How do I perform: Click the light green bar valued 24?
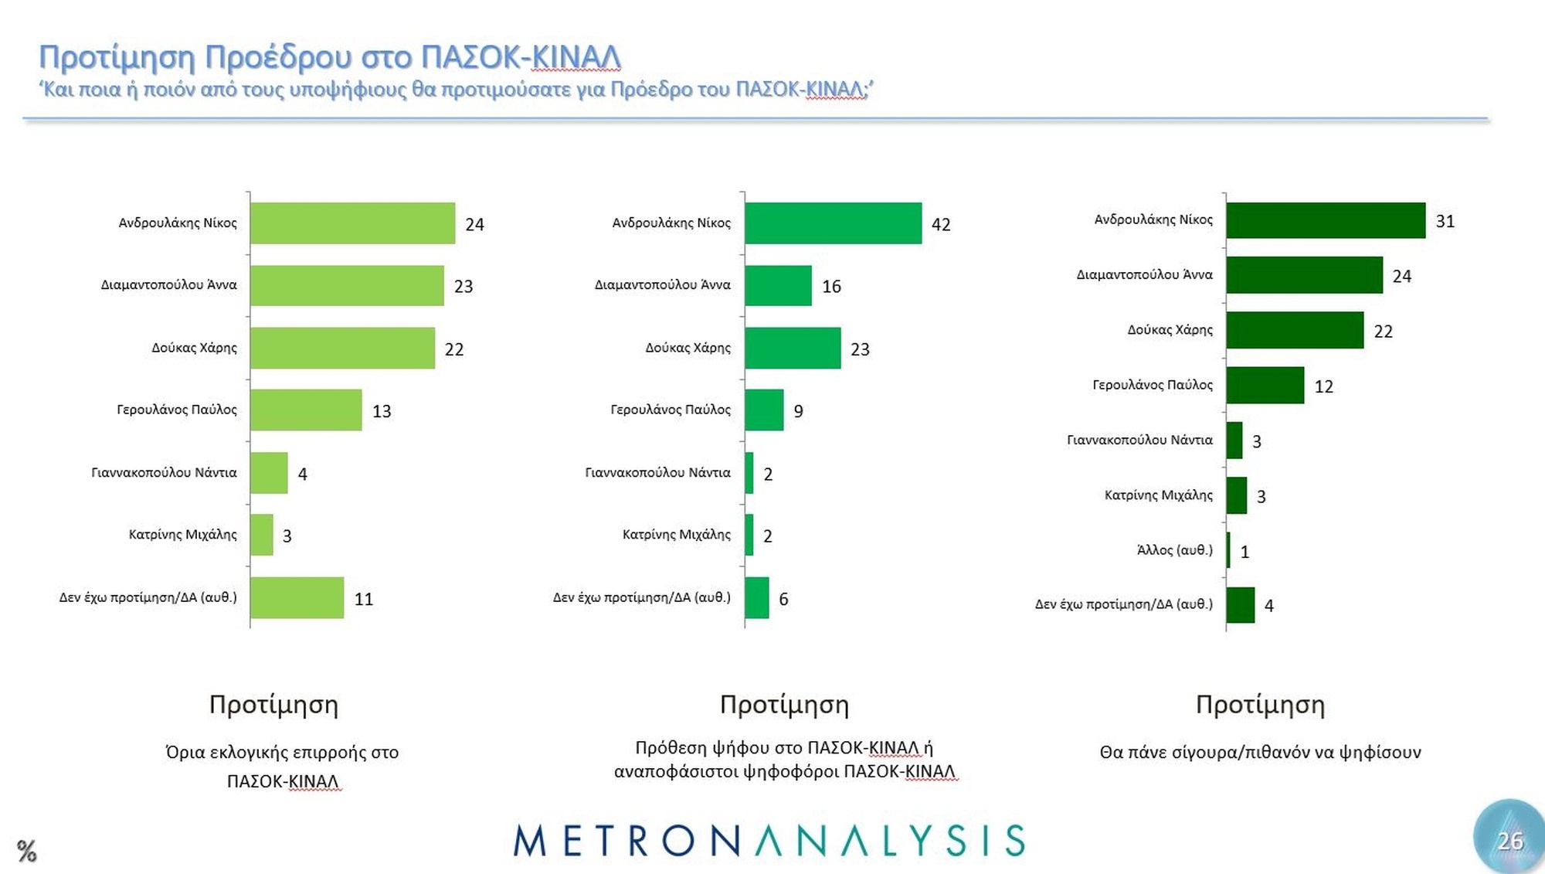(352, 223)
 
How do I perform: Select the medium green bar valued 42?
(833, 223)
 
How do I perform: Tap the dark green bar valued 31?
(1326, 220)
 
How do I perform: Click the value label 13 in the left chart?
(382, 411)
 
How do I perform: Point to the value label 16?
(831, 287)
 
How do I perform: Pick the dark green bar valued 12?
(1265, 386)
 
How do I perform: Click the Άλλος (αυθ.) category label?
(1174, 550)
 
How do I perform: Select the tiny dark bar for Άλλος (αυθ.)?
(1228, 550)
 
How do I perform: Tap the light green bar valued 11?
(297, 598)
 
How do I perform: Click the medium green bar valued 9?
(764, 410)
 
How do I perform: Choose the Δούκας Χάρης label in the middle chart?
(688, 348)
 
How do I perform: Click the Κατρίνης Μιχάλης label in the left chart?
(182, 535)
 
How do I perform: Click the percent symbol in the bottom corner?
(26, 851)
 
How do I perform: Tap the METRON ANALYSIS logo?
(769, 841)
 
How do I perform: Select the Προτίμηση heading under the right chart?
(1260, 705)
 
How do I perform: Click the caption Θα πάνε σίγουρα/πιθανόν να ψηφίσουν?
(1260, 753)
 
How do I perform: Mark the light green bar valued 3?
(261, 535)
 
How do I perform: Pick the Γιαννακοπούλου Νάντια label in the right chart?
(1139, 440)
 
